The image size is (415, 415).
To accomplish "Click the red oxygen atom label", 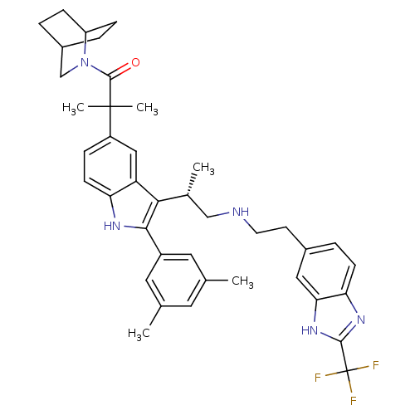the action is (135, 62).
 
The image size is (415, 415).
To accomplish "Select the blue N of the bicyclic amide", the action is (85, 62).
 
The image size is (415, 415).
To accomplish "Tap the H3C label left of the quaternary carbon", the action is (73, 108).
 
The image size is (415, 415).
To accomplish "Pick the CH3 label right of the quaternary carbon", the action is (147, 108).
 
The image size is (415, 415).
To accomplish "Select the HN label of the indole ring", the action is (112, 226).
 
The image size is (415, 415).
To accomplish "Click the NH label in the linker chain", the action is (241, 212).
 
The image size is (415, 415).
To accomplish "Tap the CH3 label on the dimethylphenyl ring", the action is (242, 281).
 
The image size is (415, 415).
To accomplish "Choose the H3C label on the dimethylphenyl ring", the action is (139, 334).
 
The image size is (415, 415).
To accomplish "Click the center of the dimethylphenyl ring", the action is (176, 280).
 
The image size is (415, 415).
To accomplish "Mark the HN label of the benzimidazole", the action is (310, 330).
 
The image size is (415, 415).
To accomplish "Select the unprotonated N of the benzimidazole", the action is (361, 320).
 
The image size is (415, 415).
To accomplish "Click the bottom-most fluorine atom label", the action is (354, 401).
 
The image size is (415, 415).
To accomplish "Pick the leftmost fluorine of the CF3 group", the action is (318, 378).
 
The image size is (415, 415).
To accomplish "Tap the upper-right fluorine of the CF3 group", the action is (375, 365).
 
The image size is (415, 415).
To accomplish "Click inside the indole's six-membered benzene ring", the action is (110, 167).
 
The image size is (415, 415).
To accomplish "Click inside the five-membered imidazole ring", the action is (337, 316).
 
